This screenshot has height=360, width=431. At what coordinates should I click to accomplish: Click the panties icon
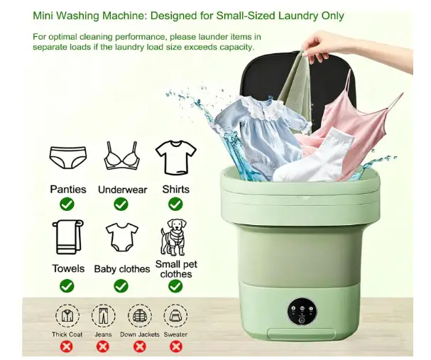pos(68,157)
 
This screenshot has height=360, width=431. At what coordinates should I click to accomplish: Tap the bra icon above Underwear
pos(121,156)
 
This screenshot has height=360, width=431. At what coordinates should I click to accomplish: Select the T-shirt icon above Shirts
pos(176,158)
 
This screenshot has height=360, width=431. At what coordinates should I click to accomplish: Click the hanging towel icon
pos(68,237)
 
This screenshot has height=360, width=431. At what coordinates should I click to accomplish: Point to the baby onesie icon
pos(122,237)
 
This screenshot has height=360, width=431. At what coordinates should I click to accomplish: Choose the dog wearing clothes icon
pos(173,237)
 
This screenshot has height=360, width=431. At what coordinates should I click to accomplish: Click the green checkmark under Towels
pos(67,286)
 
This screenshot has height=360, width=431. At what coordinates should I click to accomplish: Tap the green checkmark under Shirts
pos(175,204)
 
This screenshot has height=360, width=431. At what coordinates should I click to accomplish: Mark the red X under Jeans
pos(103,347)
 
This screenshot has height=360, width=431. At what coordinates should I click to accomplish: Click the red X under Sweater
pos(175,347)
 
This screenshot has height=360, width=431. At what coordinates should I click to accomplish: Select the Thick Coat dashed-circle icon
pos(67,316)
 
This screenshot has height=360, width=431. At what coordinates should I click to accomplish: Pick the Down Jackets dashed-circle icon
pos(140,316)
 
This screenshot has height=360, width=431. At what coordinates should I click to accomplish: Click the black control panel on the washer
pos(302,312)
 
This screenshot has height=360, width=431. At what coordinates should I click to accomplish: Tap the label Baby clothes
pos(122,269)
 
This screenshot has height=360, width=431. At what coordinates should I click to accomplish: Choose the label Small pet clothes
pos(176,269)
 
